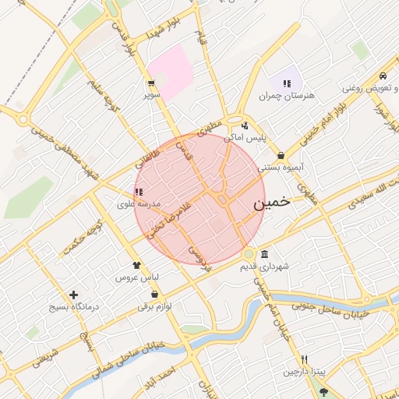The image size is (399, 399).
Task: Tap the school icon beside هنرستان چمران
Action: click(x=287, y=83)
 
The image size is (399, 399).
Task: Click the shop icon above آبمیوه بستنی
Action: click(x=280, y=156)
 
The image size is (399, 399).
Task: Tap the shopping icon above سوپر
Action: click(x=150, y=83)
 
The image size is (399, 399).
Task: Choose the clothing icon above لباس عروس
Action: click(x=136, y=266)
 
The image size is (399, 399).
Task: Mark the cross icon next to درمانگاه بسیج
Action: click(x=74, y=295)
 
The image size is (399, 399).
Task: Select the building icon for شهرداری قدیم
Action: click(x=265, y=255)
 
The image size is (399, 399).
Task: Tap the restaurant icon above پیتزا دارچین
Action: click(x=305, y=360)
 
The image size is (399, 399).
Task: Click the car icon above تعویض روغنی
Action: click(x=383, y=76)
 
